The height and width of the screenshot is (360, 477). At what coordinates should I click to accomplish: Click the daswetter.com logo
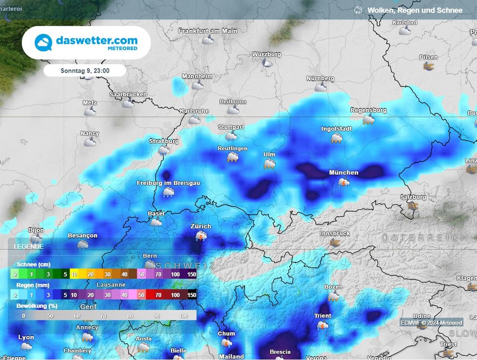[x=86, y=42]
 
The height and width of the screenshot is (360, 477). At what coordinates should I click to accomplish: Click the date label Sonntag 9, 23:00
[x=85, y=71]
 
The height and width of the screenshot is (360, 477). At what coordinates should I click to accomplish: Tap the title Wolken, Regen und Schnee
[x=415, y=10]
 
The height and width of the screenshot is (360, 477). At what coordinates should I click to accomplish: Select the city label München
[x=344, y=172]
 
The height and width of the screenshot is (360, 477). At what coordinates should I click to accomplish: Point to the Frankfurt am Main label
[x=208, y=31]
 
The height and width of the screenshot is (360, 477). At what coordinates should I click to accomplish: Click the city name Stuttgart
[x=231, y=127]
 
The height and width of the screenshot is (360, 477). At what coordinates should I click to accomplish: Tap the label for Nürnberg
[x=320, y=78]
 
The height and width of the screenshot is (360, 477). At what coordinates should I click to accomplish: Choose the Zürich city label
[x=201, y=226]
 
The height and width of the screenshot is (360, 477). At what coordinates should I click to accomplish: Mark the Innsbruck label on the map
[x=335, y=233]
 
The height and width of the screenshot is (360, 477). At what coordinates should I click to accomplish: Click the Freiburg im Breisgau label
[x=168, y=183]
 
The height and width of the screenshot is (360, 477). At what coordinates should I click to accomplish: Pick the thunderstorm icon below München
[x=344, y=183]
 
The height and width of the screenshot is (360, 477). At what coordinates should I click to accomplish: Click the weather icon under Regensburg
[x=368, y=120]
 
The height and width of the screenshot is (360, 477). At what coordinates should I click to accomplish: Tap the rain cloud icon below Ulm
[x=269, y=164]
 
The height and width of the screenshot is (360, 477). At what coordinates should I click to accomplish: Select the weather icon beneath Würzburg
[x=267, y=63]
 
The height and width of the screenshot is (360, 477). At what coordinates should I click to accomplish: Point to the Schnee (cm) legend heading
[x=30, y=265]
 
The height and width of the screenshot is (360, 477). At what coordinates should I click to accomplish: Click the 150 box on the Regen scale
[x=191, y=295]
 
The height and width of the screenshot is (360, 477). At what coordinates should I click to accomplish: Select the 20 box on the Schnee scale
[x=90, y=274]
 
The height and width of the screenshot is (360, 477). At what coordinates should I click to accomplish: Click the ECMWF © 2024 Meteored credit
[x=431, y=323]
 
